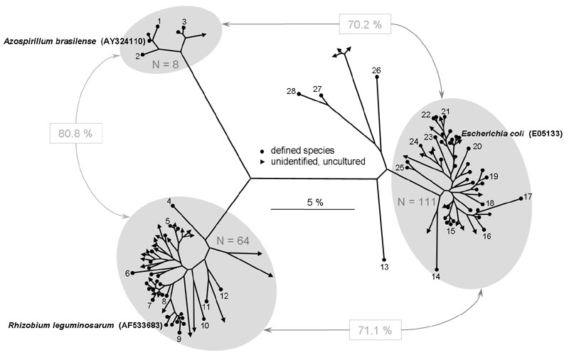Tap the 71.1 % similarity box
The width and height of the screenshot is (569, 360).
pos(375,329)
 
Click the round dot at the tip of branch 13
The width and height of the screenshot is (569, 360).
pos(384,259)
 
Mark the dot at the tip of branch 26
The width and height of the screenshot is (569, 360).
pos(377,77)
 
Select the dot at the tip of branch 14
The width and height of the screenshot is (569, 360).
pos(437,269)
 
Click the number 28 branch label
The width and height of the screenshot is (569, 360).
pos(291,91)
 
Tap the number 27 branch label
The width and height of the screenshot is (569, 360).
pos(317,89)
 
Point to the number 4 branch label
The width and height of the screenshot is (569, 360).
pos(169,201)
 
